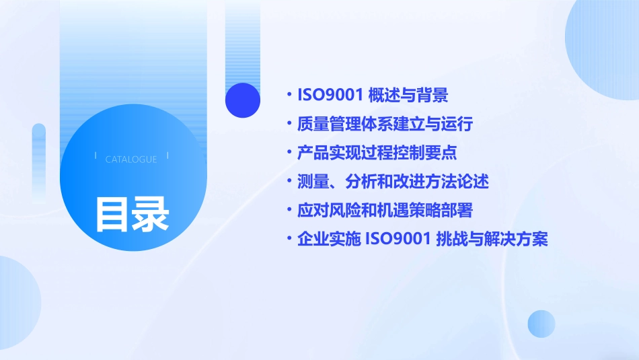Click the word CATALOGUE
coord(131,159)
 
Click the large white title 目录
coord(132,214)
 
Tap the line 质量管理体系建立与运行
coord(385,124)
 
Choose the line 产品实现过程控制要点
coord(377,153)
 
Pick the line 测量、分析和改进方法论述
coord(392,182)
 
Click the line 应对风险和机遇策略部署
coord(385,211)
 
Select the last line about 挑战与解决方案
coord(422,240)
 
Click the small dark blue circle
coord(242,100)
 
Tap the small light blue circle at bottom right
coord(541,324)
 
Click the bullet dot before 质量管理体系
coord(289,124)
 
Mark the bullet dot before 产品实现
coord(289,153)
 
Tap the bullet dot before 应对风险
coord(289,211)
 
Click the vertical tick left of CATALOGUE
coord(96,155)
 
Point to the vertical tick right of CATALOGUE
coord(167,155)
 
